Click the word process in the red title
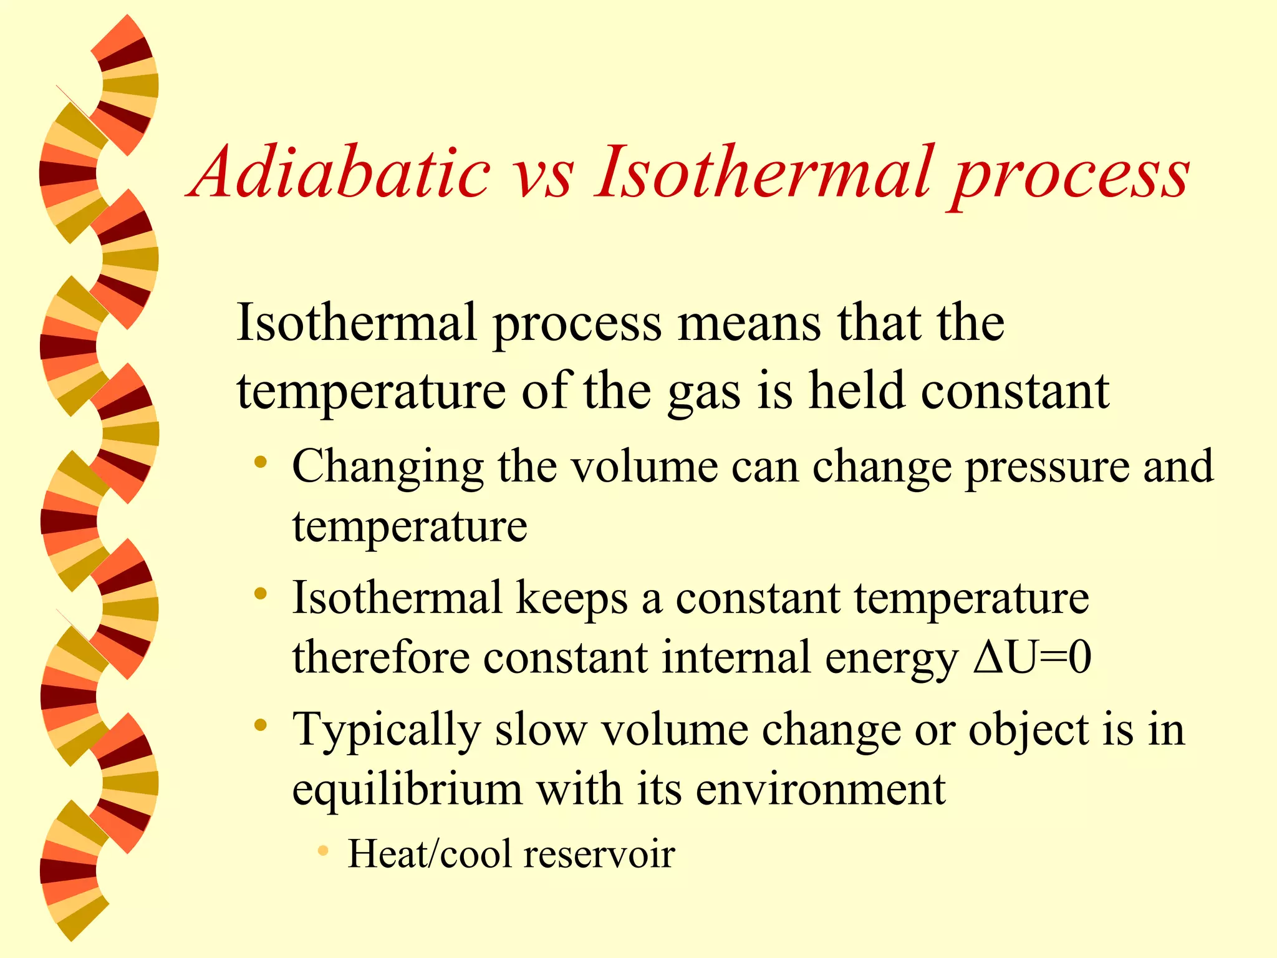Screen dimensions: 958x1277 pos(1069,178)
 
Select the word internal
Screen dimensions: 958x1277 pos(736,657)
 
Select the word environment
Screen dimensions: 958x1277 pos(821,790)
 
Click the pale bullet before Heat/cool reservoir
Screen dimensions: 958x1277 pos(322,851)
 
